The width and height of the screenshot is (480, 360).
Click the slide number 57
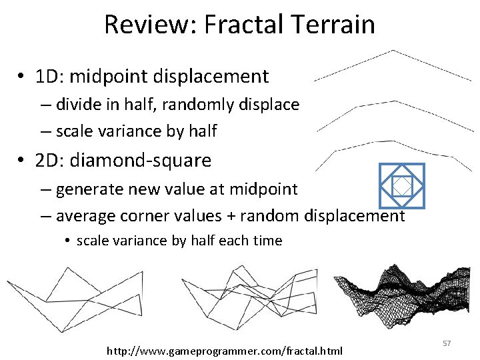(447, 343)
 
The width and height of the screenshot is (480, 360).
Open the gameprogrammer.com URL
(225, 350)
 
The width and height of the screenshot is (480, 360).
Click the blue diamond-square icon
(401, 185)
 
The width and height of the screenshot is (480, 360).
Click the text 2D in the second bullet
(49, 161)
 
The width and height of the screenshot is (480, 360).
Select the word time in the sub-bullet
(267, 241)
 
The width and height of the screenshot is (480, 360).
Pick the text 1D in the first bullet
(49, 77)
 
